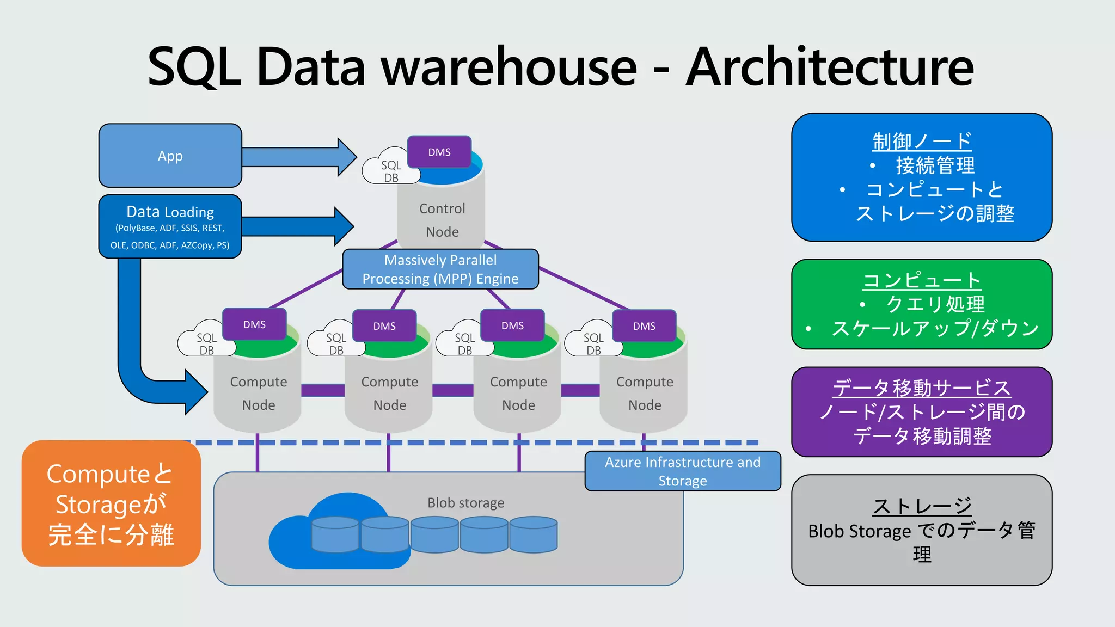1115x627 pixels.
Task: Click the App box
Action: [x=170, y=156]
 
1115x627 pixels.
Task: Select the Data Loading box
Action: [x=170, y=226]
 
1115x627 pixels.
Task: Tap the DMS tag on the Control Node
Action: [x=439, y=152]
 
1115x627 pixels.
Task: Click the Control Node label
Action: [x=442, y=220]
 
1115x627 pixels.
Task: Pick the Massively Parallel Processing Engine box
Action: [x=440, y=269]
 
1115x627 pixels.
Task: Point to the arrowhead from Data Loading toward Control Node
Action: [x=343, y=226]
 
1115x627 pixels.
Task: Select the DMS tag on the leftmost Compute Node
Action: [x=254, y=324]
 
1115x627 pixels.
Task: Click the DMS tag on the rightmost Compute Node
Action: [x=644, y=326]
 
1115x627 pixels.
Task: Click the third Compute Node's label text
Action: [x=518, y=393]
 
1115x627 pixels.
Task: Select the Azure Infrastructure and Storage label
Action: [x=682, y=471]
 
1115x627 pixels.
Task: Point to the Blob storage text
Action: [x=465, y=502]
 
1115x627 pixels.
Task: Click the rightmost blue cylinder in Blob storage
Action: [x=533, y=534]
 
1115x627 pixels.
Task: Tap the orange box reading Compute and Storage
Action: [x=111, y=503]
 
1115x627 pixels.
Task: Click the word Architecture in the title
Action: [x=829, y=66]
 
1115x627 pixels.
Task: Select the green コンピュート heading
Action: [x=922, y=280]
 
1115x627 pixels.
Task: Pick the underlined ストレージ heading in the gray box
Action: [x=922, y=506]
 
